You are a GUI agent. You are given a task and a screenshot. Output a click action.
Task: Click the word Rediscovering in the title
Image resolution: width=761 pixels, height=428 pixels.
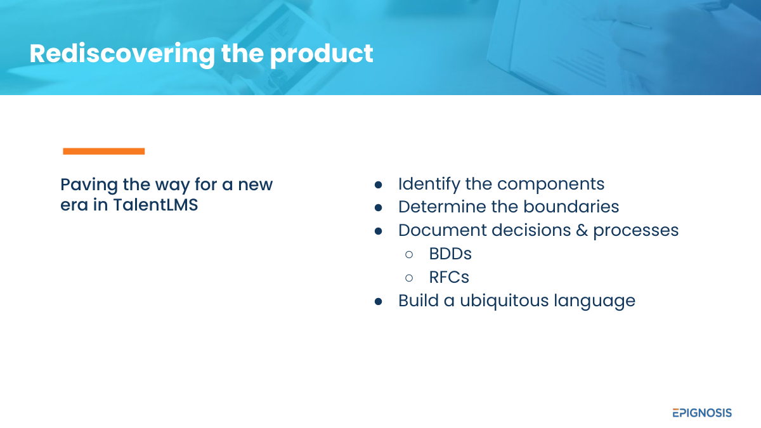(122, 54)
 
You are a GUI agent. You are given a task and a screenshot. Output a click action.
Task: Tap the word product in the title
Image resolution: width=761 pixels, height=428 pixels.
(322, 54)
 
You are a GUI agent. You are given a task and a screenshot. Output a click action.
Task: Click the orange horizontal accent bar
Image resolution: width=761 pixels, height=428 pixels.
(104, 151)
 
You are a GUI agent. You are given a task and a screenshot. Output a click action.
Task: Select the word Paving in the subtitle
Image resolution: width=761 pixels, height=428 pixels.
(89, 185)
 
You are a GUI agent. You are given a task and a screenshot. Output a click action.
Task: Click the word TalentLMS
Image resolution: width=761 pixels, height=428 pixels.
(155, 205)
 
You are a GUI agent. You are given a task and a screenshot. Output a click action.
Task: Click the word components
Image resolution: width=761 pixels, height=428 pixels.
(550, 185)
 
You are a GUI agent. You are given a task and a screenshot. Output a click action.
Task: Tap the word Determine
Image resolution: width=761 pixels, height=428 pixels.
(443, 207)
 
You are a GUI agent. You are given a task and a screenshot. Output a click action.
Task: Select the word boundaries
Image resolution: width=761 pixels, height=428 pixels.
(571, 207)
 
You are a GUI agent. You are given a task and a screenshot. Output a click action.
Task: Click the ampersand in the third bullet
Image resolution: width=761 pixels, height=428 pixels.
(582, 230)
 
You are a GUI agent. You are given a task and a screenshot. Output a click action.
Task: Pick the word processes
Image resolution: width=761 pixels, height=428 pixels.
(636, 231)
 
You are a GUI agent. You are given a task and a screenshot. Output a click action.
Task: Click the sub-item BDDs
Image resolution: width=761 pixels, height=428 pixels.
(450, 254)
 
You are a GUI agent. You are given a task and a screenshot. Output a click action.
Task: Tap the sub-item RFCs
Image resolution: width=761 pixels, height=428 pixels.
(449, 277)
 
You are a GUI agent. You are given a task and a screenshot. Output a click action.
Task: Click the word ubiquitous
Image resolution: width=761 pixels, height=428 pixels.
(504, 301)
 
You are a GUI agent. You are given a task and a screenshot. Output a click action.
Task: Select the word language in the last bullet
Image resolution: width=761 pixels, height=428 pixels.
(595, 302)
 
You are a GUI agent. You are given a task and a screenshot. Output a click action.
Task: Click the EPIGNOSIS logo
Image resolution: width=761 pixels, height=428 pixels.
(702, 413)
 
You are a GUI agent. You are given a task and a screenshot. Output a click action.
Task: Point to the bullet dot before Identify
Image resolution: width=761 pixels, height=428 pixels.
(378, 185)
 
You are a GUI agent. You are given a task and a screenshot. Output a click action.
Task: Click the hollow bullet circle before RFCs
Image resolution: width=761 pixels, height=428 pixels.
(409, 278)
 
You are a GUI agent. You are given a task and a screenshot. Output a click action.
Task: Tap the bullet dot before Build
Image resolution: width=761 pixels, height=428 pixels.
(378, 302)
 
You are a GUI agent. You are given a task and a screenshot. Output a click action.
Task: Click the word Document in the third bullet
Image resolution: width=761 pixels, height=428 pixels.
(443, 230)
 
